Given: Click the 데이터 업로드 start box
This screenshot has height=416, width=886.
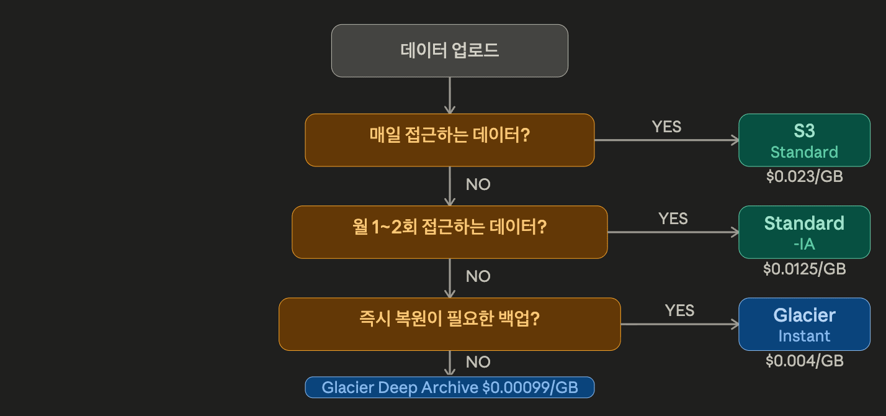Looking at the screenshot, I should click(x=450, y=51).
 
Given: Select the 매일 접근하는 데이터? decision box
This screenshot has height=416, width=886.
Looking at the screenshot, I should click(x=450, y=140).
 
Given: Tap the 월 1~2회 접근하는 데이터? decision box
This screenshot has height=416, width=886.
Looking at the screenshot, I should click(x=450, y=232).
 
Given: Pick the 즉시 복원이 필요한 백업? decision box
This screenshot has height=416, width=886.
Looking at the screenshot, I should click(x=450, y=323).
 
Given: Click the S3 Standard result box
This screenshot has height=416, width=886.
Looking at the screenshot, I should click(x=804, y=140).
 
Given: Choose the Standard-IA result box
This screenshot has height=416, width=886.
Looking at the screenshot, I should click(x=804, y=232).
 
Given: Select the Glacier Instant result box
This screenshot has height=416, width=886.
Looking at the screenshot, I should click(x=804, y=324).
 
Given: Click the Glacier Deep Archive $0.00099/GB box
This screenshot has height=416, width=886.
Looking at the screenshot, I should click(x=450, y=387).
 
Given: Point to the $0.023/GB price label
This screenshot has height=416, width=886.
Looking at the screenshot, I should click(x=804, y=176).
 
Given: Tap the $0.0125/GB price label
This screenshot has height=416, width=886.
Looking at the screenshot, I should click(x=804, y=269).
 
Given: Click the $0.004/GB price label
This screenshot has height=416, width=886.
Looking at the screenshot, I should click(x=804, y=360).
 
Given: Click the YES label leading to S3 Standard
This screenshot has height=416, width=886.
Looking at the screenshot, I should click(x=666, y=127).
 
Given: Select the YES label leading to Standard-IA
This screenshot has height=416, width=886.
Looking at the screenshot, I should click(x=673, y=219).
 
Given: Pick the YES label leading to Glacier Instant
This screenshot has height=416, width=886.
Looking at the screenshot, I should click(x=679, y=310).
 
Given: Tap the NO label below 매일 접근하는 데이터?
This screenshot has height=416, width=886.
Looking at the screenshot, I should click(x=478, y=184).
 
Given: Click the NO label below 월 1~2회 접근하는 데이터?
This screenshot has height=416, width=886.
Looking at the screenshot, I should click(x=478, y=276).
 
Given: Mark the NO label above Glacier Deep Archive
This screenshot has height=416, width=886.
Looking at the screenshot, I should click(x=478, y=362).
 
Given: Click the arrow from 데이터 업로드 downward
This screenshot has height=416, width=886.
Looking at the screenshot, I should click(x=450, y=95).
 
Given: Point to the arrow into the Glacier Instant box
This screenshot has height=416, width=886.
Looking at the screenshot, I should click(x=679, y=324).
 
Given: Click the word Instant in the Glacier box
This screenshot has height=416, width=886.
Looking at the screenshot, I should click(x=804, y=337).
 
